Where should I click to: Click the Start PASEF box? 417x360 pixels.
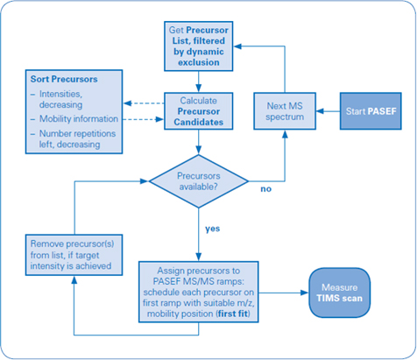[371, 111]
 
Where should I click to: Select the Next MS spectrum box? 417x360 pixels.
[285, 111]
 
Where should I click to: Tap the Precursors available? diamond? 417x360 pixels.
[199, 181]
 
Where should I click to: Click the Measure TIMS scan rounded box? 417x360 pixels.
[340, 293]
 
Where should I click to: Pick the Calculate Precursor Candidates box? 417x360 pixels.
[199, 111]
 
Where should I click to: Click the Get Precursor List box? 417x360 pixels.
[199, 46]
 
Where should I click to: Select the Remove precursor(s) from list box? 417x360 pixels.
[74, 255]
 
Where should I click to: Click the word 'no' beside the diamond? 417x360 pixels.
[265, 189]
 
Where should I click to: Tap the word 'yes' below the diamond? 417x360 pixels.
[212, 229]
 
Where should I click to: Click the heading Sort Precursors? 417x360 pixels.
[64, 79]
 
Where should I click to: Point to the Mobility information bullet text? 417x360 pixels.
[79, 119]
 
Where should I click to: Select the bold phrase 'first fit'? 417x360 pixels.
[233, 314]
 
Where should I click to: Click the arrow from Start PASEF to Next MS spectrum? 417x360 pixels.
[328, 111]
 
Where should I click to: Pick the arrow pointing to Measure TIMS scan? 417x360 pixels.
[284, 293]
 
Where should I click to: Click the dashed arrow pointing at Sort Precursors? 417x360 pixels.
[144, 103]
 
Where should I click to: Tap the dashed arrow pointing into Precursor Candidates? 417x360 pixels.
[143, 119]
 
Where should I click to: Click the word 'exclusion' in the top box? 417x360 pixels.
[199, 62]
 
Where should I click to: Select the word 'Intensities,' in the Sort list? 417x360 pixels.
[60, 94]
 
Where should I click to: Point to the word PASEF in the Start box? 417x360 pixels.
[382, 111]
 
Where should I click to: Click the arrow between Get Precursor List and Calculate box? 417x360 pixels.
[199, 81]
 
